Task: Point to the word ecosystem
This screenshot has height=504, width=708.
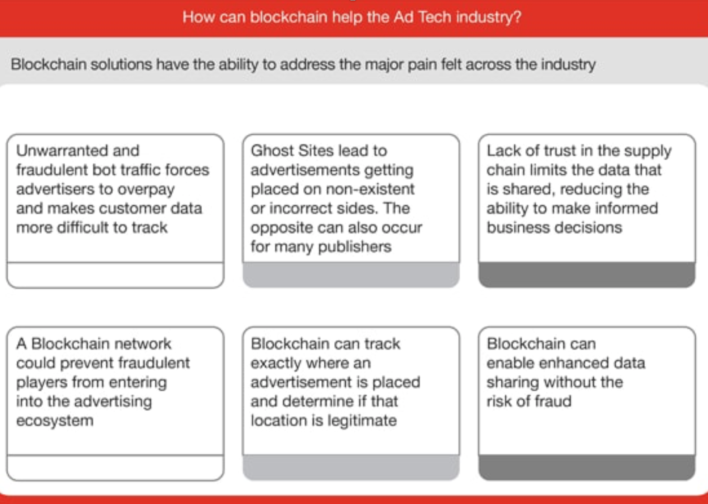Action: point(55,421)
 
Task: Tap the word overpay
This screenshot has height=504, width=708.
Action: point(146,189)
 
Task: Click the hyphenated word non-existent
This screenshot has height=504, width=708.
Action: point(370,189)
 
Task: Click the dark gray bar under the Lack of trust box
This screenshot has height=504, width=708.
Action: point(586,275)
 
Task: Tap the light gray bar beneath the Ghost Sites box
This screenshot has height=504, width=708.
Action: point(351,275)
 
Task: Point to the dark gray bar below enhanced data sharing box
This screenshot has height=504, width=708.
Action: point(586,467)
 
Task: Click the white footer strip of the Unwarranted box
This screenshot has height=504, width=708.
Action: point(115,275)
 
